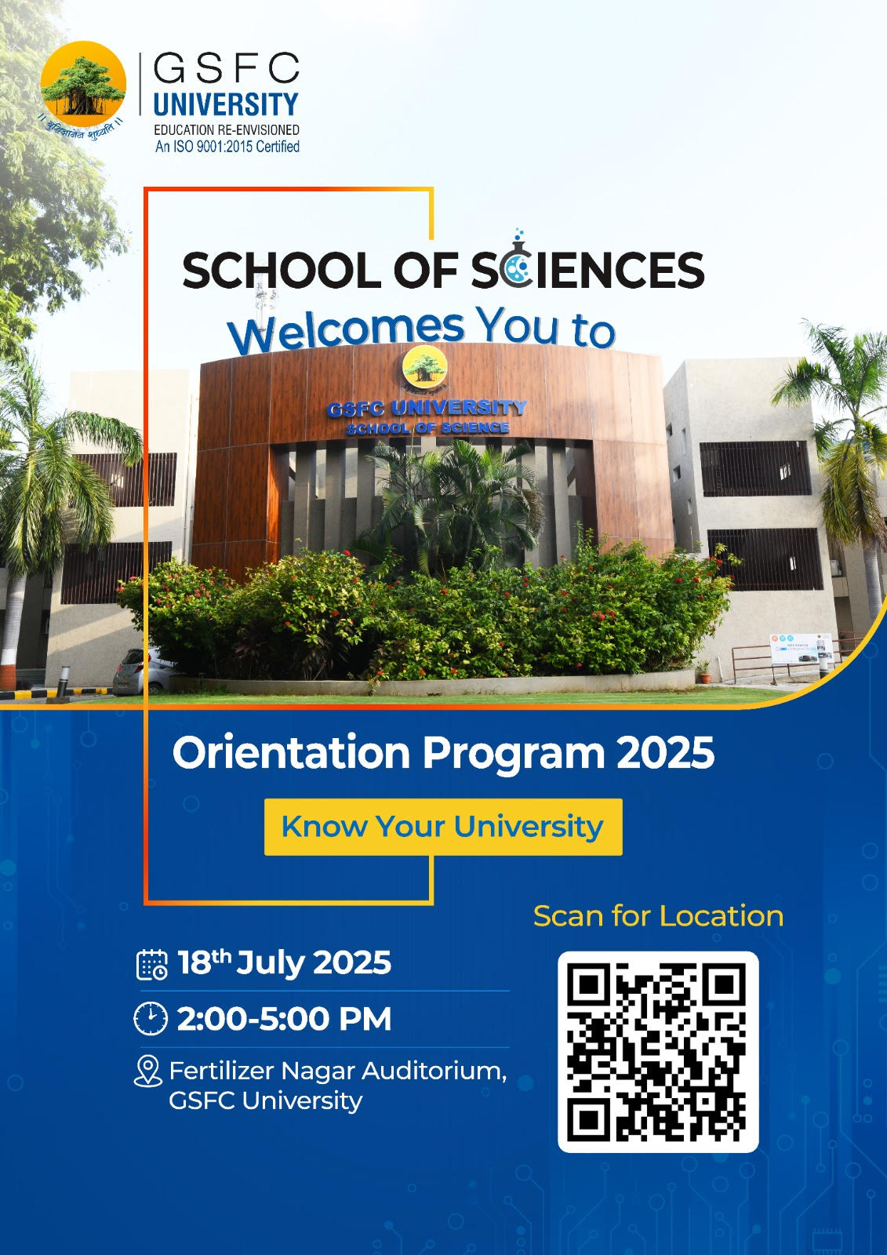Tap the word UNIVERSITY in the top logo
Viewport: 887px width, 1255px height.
point(226,105)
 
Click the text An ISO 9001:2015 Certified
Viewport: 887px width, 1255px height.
point(227,147)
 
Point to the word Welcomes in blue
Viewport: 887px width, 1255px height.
point(347,332)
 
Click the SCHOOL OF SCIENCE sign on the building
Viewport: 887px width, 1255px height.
point(427,428)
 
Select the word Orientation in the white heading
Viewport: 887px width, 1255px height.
point(292,753)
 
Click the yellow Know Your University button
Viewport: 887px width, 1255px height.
point(443,827)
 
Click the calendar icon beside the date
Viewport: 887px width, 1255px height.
point(152,965)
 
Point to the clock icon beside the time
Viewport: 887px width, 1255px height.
point(151,1019)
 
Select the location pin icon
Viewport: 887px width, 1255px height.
point(148,1072)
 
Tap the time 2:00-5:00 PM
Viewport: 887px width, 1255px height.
point(284,1019)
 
